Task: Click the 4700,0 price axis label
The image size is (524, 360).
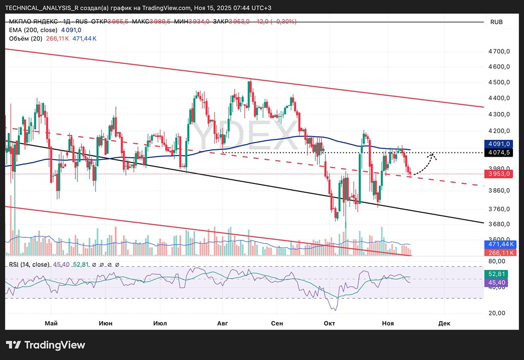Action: click(x=499, y=51)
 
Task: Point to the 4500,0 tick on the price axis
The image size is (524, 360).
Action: click(x=499, y=82)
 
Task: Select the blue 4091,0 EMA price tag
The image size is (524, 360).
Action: click(x=499, y=143)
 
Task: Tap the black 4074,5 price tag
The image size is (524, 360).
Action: click(x=499, y=152)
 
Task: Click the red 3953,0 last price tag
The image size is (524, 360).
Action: click(x=499, y=173)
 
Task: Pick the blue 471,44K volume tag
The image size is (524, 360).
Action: click(x=499, y=244)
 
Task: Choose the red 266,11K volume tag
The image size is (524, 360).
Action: click(x=499, y=253)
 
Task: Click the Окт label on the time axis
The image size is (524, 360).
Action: click(x=330, y=323)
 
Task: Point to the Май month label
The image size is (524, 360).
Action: click(x=51, y=323)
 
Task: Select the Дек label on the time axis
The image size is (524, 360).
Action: click(x=444, y=323)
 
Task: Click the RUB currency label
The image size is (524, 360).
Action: click(x=496, y=22)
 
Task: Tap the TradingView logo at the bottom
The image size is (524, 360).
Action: click(x=46, y=345)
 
